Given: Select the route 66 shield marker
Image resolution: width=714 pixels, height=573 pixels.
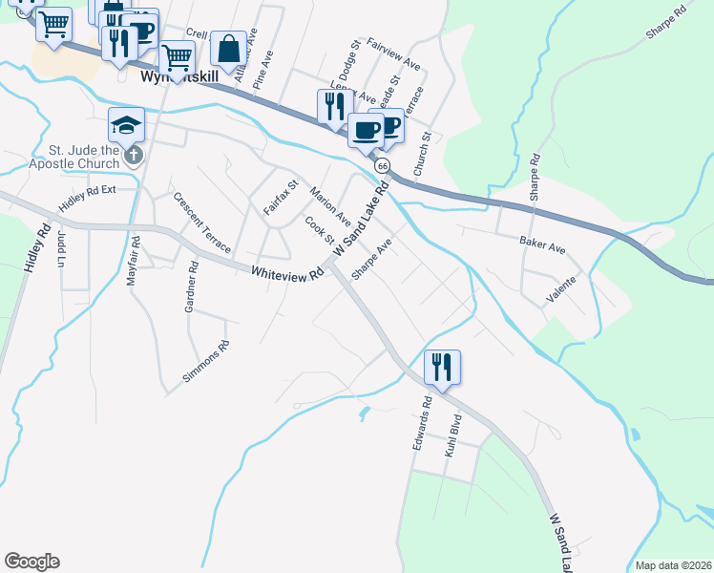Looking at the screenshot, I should tap(383, 166).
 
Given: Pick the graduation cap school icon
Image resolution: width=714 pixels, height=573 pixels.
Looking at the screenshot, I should tap(126, 125).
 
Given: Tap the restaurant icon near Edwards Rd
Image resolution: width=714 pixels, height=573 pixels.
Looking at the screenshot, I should tap(442, 368).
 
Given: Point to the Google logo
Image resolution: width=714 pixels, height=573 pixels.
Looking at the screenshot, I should tap(31, 562).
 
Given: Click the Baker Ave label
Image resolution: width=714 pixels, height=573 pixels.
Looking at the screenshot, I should tap(542, 245).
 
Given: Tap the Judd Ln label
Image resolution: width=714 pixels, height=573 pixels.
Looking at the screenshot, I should tap(61, 250).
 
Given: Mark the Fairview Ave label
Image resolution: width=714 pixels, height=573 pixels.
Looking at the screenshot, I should tap(393, 55).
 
